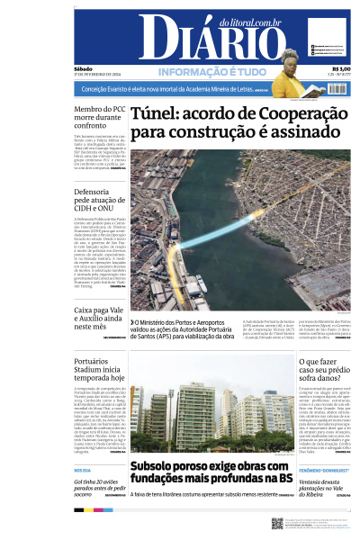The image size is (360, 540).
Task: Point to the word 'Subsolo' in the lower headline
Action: coord(160,466)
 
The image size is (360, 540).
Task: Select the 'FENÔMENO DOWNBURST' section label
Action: coord(325,470)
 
